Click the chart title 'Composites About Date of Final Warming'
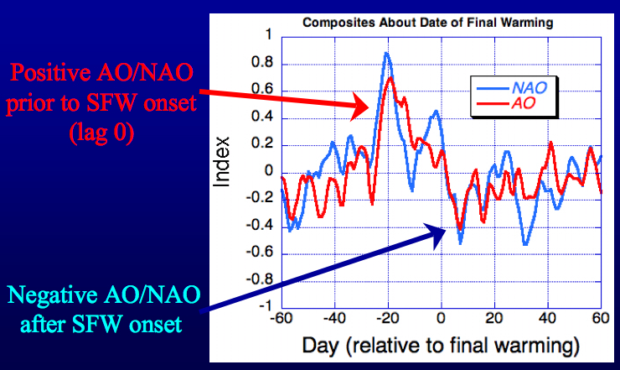point(440,23)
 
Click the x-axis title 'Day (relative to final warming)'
point(441,345)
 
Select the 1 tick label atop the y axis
point(268,36)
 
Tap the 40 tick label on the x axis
point(547,319)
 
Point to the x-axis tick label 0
point(442,319)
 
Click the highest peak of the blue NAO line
point(386,54)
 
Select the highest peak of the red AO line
point(391,79)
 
